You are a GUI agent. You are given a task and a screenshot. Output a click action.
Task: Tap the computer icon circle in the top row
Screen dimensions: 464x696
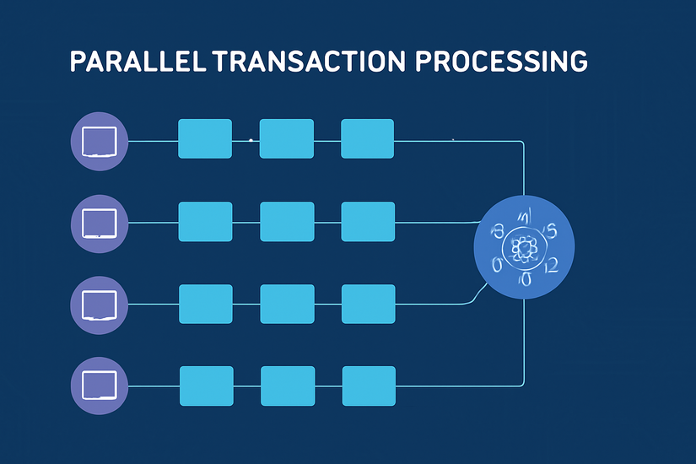point(99,140)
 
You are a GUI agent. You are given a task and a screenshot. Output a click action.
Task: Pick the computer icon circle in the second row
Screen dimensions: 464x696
point(99,223)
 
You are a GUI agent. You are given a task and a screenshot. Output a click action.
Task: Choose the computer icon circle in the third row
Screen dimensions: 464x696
point(99,304)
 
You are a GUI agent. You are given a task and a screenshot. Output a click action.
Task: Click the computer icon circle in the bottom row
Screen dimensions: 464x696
point(99,386)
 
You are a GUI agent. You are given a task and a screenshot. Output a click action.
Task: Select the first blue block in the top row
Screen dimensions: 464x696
point(205,138)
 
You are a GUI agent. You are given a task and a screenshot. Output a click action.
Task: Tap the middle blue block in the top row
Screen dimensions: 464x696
point(286,138)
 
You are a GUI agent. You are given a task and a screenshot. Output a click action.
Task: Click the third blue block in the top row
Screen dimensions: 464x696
point(367,138)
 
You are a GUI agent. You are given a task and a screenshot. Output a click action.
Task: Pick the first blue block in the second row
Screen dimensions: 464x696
point(205,222)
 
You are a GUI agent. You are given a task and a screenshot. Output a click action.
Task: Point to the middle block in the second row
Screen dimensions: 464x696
point(287,222)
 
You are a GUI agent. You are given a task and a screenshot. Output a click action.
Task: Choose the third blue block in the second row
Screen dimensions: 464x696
point(368,222)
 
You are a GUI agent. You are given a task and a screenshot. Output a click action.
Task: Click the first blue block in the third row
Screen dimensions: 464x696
point(206,304)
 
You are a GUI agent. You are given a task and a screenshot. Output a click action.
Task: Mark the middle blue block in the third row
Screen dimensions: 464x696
point(287,304)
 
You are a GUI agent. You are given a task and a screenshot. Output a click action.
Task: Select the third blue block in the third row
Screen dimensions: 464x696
point(368,304)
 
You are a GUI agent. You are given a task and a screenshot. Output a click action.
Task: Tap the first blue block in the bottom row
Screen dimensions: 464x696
point(206,386)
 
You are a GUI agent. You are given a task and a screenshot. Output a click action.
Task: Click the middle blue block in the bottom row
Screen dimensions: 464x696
point(287,386)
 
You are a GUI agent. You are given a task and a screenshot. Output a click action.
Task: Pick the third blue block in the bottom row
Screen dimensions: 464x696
point(368,386)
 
